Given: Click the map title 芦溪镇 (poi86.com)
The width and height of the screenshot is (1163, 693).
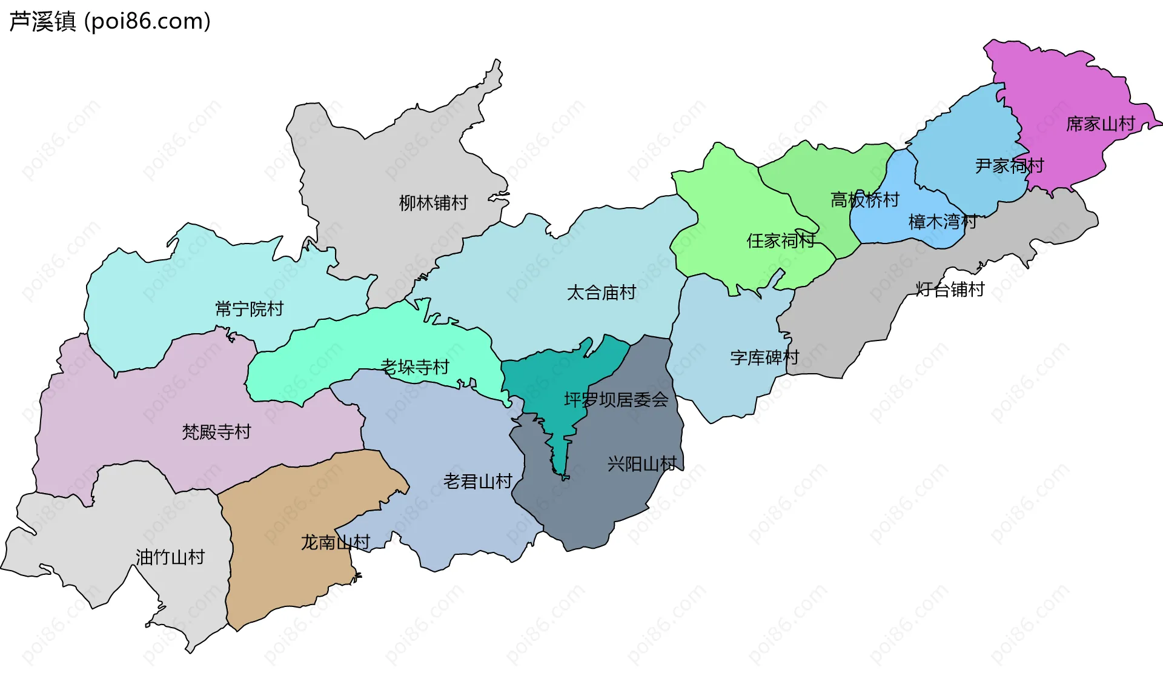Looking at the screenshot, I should pos(110,21).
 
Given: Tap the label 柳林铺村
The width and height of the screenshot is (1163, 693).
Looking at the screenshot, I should pos(433,203).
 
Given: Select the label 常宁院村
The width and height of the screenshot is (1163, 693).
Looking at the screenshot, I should pos(249,310).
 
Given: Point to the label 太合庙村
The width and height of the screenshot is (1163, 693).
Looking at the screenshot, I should pos(601,293).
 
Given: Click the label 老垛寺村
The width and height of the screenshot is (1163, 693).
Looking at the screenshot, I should pos(415,367).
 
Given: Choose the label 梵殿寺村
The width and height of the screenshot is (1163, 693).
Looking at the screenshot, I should pos(216,432).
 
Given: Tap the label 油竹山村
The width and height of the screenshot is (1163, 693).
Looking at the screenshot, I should pos(170,557).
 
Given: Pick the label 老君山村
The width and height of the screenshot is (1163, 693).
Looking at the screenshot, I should pos(478,482).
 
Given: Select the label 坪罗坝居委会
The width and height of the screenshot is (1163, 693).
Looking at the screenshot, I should pos(616,400).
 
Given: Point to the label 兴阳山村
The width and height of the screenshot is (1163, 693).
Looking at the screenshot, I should pos(642,464).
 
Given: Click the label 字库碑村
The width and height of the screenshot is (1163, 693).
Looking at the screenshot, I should pos(764,358).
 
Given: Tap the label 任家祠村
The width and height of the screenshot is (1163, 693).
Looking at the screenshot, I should pos(781,241).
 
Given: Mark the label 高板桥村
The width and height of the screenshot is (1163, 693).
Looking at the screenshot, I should pos(864,200).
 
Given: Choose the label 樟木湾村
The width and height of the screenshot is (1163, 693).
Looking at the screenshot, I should pos(943,222).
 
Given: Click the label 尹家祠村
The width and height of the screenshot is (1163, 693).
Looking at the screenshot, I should pos(1009,166).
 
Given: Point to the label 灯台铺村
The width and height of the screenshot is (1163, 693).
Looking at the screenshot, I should pos(950,290).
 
